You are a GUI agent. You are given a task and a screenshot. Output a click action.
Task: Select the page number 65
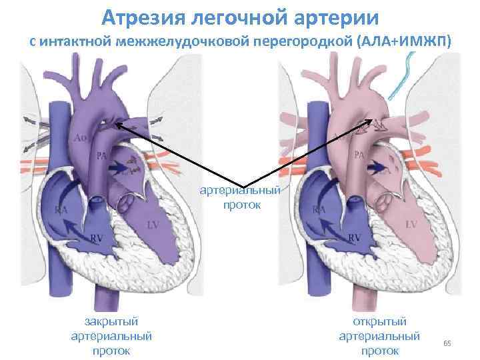click(447, 343)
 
